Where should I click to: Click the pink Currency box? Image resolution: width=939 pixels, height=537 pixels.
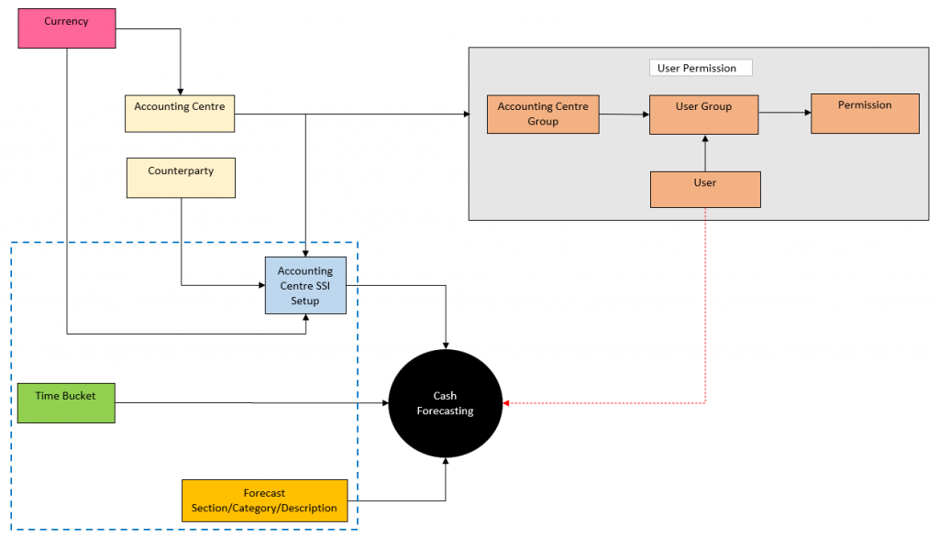point(67,27)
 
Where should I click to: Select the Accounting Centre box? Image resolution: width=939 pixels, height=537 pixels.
point(179,113)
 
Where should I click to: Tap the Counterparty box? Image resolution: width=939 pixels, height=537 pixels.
point(181,178)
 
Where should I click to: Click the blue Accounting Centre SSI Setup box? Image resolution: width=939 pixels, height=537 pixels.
point(305,285)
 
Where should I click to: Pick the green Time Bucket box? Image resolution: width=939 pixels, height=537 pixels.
point(66,402)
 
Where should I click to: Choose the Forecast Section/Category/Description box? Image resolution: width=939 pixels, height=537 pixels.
point(264,500)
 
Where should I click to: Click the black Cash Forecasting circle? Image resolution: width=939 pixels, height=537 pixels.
point(446,403)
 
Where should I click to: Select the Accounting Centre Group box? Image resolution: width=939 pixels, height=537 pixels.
point(543,114)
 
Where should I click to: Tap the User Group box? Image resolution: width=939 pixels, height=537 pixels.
point(703,114)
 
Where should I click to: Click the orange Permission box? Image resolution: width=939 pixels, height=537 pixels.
point(864,113)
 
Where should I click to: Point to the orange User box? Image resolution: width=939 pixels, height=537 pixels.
point(704,189)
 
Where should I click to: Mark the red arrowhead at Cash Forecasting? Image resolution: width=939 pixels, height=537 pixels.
point(509,403)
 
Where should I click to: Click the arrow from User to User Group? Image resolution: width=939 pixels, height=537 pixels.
point(704,153)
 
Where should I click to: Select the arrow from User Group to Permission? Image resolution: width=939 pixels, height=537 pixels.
point(784,113)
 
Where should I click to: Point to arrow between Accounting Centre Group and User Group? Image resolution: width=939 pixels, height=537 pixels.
point(624,114)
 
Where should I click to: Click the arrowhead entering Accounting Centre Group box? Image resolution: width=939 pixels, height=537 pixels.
point(464,115)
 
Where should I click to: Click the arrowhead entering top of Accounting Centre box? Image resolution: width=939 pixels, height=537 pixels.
point(181,89)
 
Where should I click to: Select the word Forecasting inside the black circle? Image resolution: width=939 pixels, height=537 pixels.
point(446,411)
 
